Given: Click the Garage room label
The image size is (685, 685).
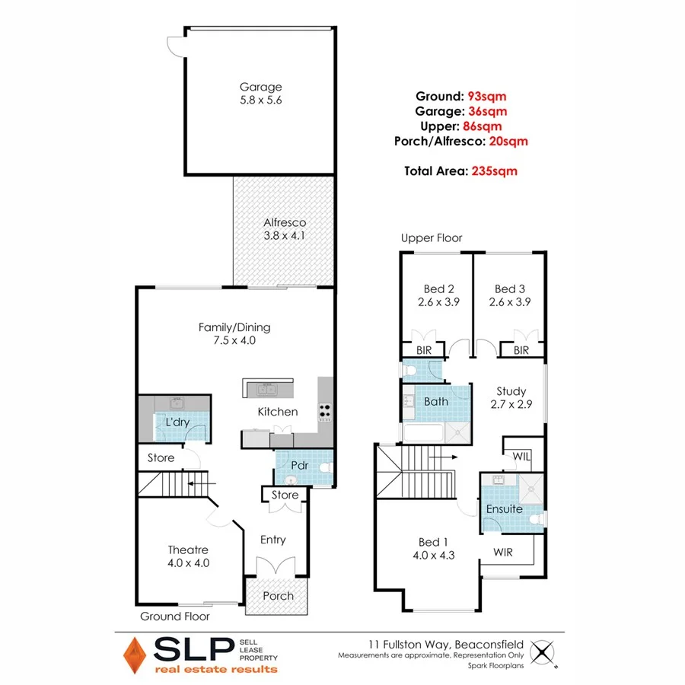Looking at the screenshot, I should [x=261, y=87].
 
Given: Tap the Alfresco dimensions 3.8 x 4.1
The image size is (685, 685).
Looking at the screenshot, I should [x=282, y=236].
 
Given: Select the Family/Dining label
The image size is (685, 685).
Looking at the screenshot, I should [x=234, y=327].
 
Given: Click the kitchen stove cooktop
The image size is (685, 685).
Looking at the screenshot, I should [x=326, y=411].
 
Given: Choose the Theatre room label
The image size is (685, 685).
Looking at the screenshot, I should [x=188, y=550].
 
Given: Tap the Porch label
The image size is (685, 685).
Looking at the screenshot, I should [x=278, y=595].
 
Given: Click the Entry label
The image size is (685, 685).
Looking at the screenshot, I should [x=272, y=540].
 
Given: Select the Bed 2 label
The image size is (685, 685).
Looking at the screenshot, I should [x=438, y=288].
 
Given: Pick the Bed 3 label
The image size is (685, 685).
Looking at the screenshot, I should [x=510, y=288].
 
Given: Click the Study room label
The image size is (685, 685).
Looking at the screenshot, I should [x=511, y=391].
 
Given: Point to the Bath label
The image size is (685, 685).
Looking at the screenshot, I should [x=436, y=401].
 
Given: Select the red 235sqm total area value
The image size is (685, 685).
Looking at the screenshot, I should [x=493, y=171].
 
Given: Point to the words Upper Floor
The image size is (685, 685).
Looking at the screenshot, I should [x=432, y=238].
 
